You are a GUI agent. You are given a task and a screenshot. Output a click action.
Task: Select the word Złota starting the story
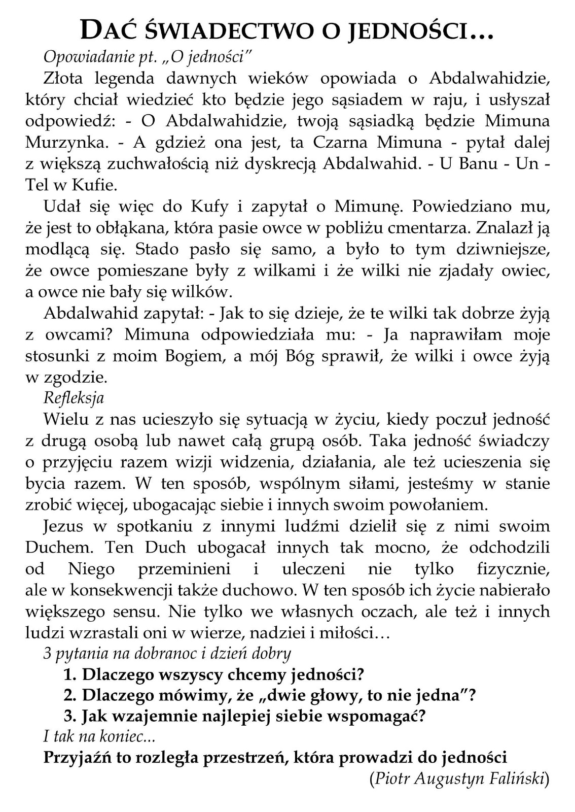tap(63, 78)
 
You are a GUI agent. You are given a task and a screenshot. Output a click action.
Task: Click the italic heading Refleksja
tap(74, 397)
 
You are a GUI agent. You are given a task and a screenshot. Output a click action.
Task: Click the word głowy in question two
tap(332, 695)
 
